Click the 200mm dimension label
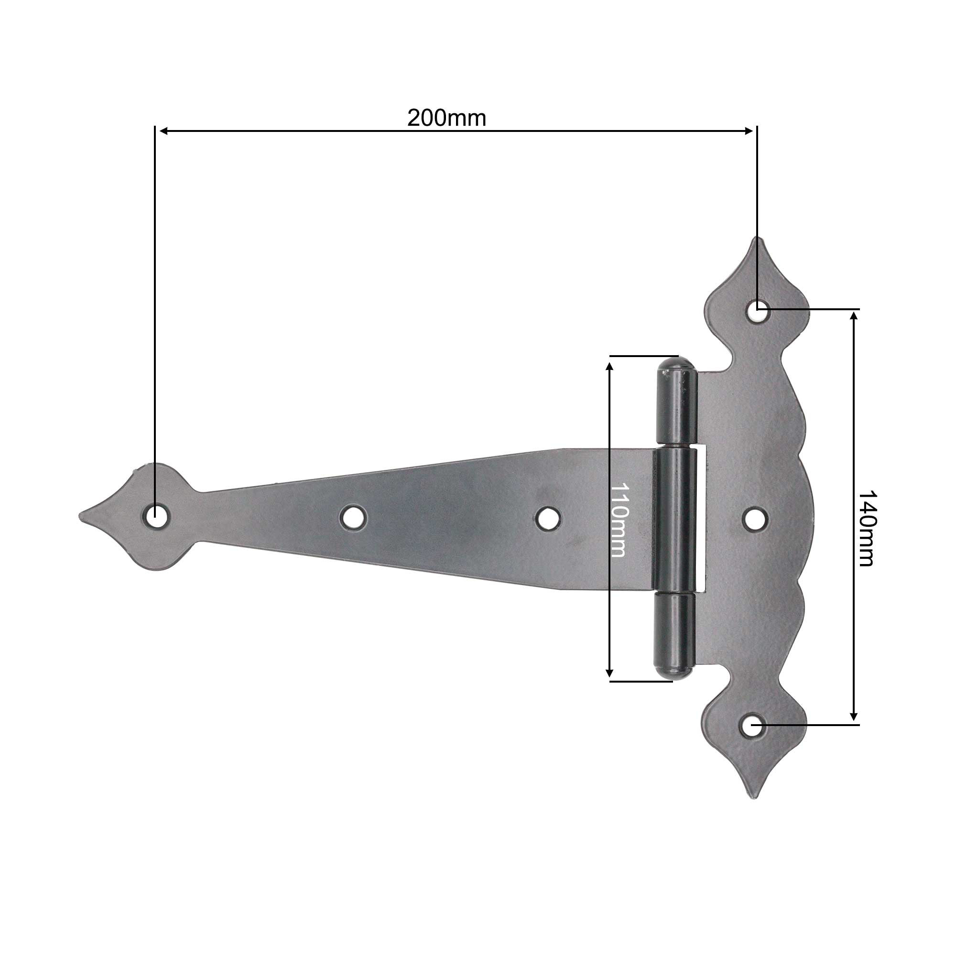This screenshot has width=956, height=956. click(446, 118)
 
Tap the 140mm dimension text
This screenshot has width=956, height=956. click(867, 528)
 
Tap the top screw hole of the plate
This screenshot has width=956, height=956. click(757, 311)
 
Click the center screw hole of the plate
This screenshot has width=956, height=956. click(756, 518)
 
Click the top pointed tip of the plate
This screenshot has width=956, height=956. click(758, 239)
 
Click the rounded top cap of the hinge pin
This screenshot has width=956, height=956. click(676, 365)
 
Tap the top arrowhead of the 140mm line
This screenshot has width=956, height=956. click(854, 315)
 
